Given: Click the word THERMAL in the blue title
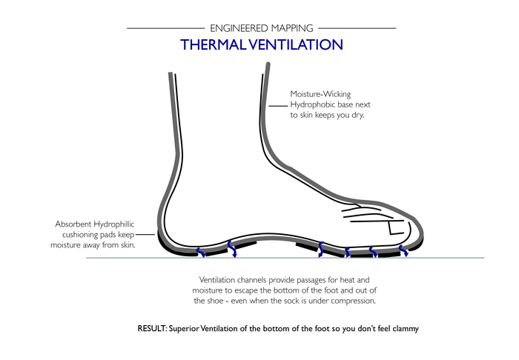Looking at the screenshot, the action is pyautogui.click(x=214, y=44).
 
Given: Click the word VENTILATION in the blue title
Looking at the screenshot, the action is pyautogui.click(x=296, y=44).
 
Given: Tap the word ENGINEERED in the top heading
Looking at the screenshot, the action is pyautogui.click(x=239, y=28).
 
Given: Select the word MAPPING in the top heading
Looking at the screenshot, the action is pyautogui.click(x=292, y=28).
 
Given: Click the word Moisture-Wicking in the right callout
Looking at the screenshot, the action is pyautogui.click(x=320, y=94).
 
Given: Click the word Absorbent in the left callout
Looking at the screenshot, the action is pyautogui.click(x=73, y=224).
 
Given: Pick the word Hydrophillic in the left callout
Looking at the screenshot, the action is pyautogui.click(x=114, y=224).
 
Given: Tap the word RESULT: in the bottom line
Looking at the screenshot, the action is pyautogui.click(x=152, y=329).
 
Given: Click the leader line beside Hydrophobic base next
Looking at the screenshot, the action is pyautogui.click(x=278, y=106).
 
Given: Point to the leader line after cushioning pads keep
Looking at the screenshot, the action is pyautogui.click(x=145, y=234).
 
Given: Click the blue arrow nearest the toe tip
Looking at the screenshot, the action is pyautogui.click(x=403, y=251).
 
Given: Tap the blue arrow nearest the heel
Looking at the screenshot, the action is pyautogui.click(x=201, y=253).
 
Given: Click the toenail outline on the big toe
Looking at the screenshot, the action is pyautogui.click(x=395, y=228).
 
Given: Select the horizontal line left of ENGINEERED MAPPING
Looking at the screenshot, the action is pyautogui.click(x=166, y=28).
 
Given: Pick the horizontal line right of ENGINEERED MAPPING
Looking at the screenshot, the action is pyautogui.click(x=357, y=28).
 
